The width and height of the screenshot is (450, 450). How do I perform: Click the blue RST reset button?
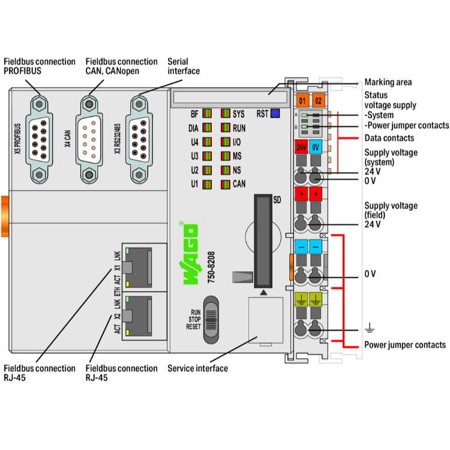[275, 113]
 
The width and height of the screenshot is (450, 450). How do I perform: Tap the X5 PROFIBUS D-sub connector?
[40, 138]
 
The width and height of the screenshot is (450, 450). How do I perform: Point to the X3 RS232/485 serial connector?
[139, 138]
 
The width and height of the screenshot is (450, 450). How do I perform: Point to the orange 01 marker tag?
[302, 100]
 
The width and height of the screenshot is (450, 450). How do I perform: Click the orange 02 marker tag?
[319, 100]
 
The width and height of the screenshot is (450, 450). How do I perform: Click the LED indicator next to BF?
[207, 113]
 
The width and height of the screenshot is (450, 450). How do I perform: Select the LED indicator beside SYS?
[225, 113]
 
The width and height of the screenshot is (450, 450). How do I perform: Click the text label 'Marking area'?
[388, 82]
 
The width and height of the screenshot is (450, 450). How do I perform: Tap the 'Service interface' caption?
[197, 368]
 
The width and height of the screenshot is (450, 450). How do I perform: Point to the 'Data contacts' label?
[389, 138]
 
